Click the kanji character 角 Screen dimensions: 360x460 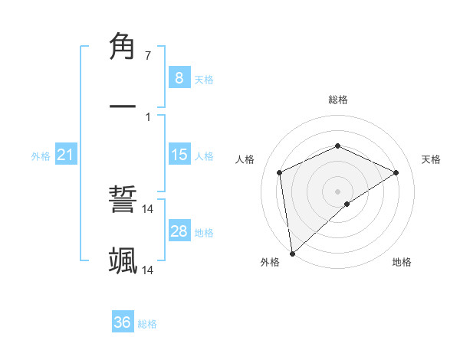[x=123, y=47]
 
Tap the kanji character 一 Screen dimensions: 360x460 [x=123, y=107]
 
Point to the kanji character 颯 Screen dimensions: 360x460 [x=123, y=260]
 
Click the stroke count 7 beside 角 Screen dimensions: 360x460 [x=147, y=56]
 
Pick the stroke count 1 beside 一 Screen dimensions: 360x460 [x=147, y=116]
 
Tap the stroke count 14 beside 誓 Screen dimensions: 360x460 [x=148, y=209]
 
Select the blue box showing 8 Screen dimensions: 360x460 [x=179, y=77]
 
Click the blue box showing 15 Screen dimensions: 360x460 [x=179, y=155]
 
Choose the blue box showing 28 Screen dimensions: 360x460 [x=179, y=231]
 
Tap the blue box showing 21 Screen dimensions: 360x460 [x=66, y=155]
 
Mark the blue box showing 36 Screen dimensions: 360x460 [x=123, y=322]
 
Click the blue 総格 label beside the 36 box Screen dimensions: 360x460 [x=147, y=324]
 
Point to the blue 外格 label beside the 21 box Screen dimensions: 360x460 [x=41, y=156]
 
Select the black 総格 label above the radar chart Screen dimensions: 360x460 [x=338, y=100]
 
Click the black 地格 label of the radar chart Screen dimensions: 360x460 [x=402, y=262]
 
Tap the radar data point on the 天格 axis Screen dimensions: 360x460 [x=396, y=172]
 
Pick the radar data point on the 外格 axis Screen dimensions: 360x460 [x=292, y=254]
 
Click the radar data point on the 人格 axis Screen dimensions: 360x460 [x=280, y=172]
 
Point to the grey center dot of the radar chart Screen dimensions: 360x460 [x=338, y=191]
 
